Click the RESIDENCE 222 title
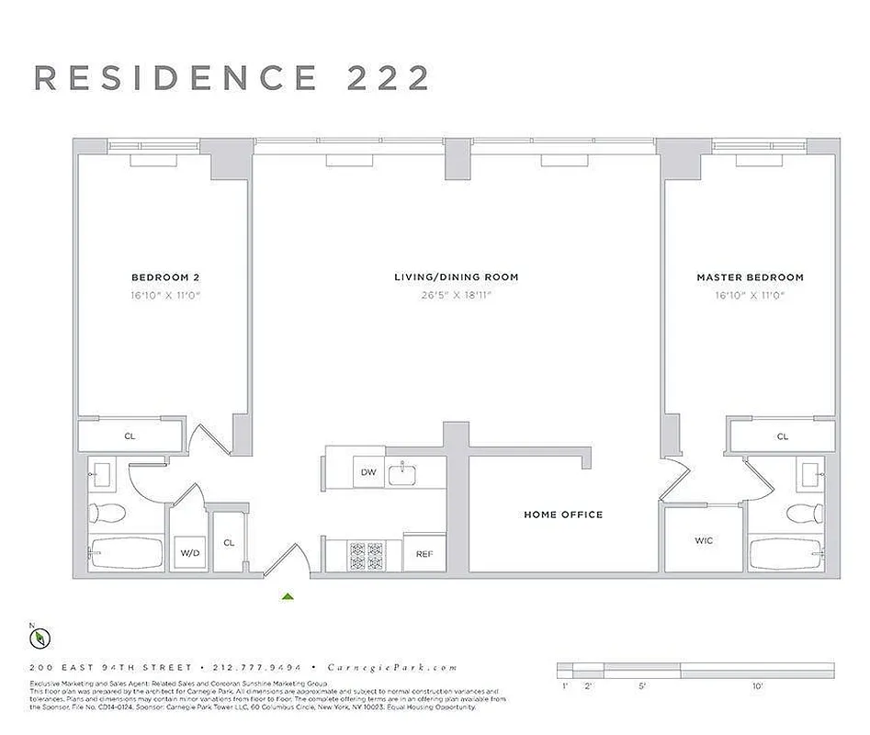(232, 78)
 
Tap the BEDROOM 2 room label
(165, 277)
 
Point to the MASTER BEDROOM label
(750, 277)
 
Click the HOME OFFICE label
(563, 514)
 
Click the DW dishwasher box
(368, 472)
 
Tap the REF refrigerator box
(424, 554)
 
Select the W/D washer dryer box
(190, 554)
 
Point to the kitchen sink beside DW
(403, 474)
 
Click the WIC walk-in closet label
(704, 540)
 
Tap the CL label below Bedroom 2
(130, 436)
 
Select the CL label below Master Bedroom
(783, 436)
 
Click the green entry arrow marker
(288, 596)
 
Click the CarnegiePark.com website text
(412, 668)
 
